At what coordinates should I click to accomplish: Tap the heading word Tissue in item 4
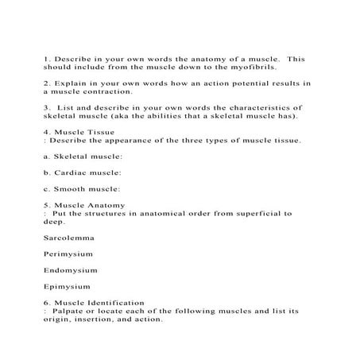(102, 131)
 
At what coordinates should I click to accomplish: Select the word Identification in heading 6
(116, 303)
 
